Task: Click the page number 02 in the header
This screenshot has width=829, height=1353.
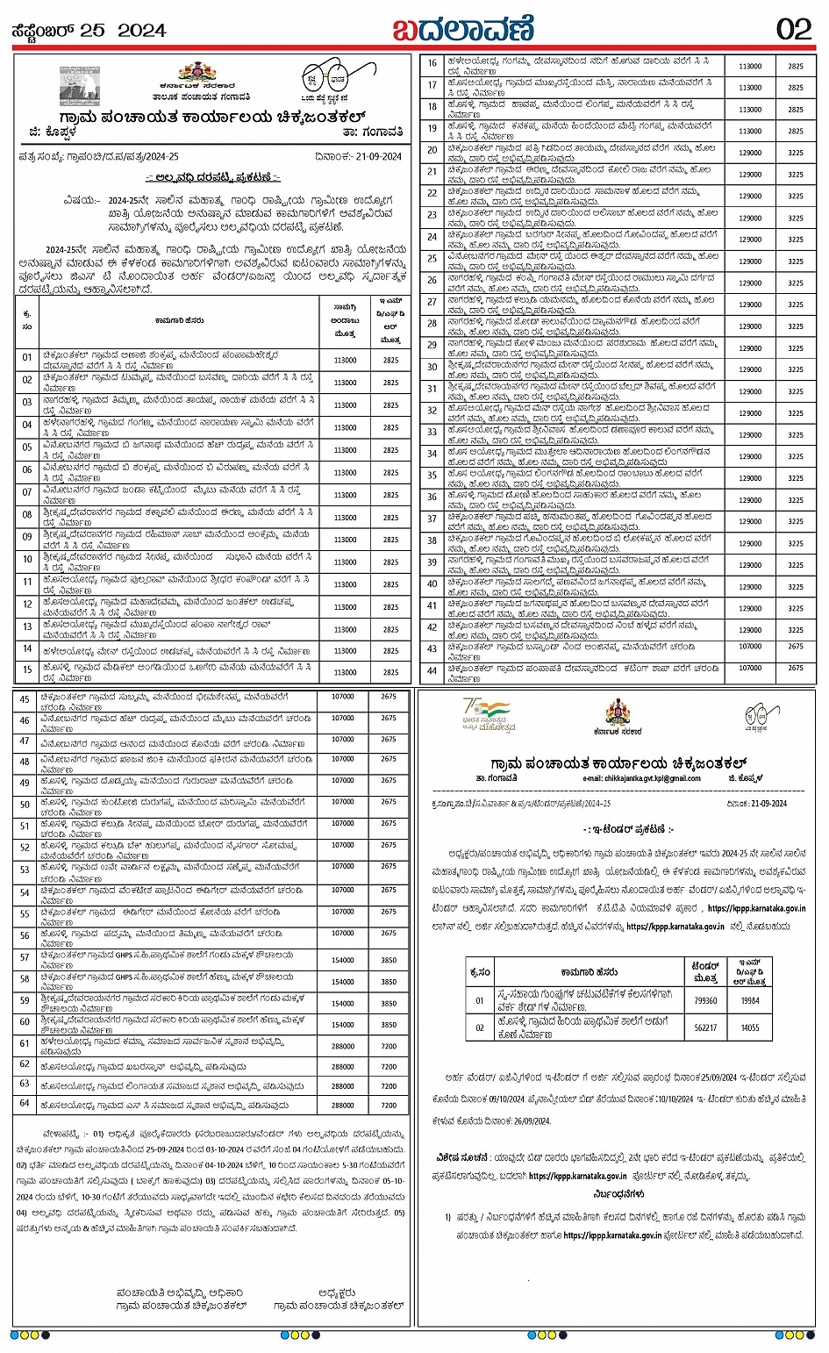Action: click(794, 29)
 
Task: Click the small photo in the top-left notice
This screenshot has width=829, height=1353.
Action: click(81, 85)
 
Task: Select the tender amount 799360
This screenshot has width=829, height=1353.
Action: click(705, 1000)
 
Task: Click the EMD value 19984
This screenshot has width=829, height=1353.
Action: click(750, 1000)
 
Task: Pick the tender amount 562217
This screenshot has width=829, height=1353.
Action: click(705, 1027)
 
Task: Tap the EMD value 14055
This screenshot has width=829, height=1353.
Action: click(750, 1027)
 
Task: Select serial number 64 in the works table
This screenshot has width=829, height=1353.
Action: click(25, 1106)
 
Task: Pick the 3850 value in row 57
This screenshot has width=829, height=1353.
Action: click(389, 961)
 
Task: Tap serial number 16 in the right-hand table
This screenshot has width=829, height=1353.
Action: click(432, 63)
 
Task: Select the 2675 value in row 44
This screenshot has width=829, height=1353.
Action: click(796, 668)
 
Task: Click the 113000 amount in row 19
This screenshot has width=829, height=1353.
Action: click(750, 132)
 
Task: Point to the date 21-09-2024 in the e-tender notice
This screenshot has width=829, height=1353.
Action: click(756, 803)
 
